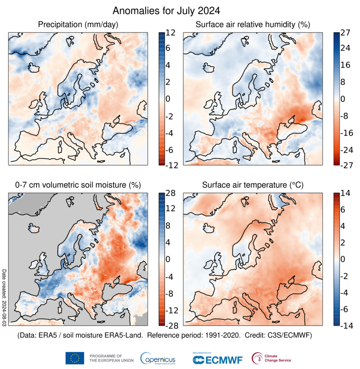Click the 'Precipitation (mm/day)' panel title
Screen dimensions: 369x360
[78, 24]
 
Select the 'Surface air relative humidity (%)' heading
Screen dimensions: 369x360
[253, 24]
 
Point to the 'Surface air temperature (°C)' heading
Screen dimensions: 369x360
[253, 185]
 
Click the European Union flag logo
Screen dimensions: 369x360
[75, 358]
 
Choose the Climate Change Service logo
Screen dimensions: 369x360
[272, 358]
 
